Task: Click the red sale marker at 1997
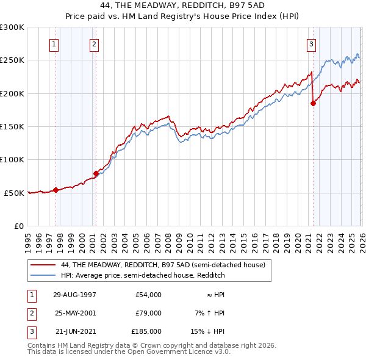point(56,190)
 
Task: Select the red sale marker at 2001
point(96,173)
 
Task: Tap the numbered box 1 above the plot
point(54,44)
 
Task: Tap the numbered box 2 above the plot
point(94,44)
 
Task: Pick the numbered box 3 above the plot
point(311,44)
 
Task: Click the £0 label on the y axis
point(18,226)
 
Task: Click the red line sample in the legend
point(43,265)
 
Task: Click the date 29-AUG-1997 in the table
point(75,295)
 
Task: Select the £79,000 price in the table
point(148,313)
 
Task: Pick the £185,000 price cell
point(146,331)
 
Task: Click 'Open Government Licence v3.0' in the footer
point(179,352)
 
